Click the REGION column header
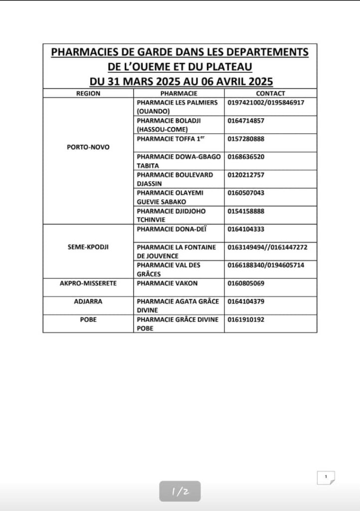88,93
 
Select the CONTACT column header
270,93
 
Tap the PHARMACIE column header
179,93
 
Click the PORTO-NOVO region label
88,147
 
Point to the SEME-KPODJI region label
88,247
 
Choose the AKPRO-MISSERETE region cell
88,283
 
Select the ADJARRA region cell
88,301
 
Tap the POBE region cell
88,319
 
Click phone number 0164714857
246,121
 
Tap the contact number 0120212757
246,175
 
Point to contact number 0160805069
246,283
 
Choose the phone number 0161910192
246,319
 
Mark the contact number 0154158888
246,211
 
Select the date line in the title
180,81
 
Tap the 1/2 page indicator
180,492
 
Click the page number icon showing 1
326,478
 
